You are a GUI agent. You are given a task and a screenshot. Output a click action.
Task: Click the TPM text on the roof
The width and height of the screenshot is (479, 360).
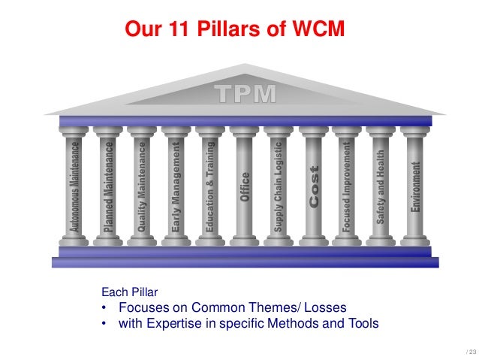pos(245,94)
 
